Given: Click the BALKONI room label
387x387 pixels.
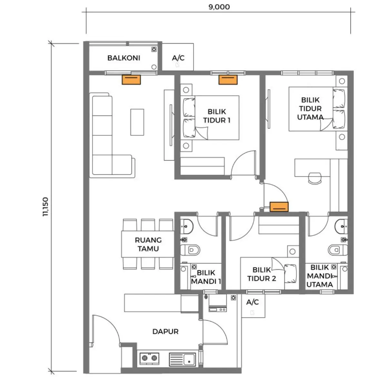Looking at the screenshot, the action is [x=124, y=58].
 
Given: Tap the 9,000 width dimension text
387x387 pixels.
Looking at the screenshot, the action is [x=219, y=7].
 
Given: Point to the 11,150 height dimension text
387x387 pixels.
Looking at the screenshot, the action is [x=45, y=207].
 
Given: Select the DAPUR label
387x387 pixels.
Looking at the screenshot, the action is [x=165, y=332].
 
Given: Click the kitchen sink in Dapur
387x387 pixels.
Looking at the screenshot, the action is [x=182, y=359].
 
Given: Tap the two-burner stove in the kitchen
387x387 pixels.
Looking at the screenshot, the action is [x=149, y=359].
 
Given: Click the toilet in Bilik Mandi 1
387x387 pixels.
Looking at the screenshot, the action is [x=190, y=250].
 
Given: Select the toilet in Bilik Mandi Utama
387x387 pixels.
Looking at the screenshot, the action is [x=338, y=250].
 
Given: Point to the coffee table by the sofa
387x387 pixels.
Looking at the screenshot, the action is [x=137, y=122].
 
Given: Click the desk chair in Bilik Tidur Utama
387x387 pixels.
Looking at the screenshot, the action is [x=315, y=178].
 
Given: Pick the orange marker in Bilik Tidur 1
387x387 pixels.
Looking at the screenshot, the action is [x=228, y=80].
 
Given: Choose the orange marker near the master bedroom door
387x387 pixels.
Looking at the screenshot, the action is [x=279, y=207].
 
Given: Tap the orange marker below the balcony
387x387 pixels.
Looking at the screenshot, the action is [x=131, y=80].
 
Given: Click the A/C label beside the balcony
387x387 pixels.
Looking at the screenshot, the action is [x=178, y=58].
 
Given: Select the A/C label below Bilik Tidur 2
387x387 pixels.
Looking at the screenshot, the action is [x=253, y=302].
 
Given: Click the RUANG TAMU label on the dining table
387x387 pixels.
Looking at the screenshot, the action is [x=148, y=244].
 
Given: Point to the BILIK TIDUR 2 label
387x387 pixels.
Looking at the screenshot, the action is [x=262, y=274].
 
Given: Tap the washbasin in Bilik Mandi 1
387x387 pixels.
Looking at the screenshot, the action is [x=187, y=226].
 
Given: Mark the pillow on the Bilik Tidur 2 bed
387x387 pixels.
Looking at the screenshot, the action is [x=290, y=274].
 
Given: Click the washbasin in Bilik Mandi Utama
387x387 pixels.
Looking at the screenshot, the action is [x=341, y=226].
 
